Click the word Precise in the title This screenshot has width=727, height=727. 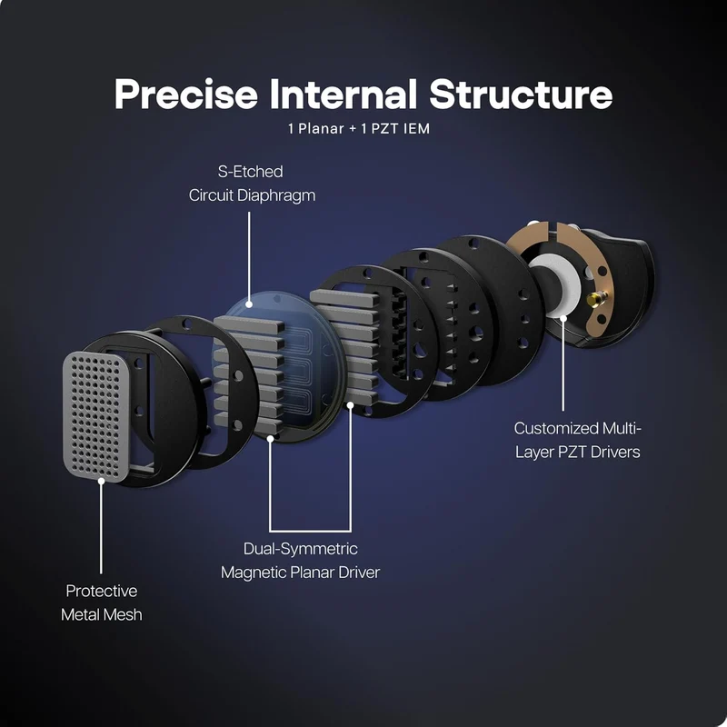[186, 95]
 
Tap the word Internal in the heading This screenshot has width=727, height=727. [343, 95]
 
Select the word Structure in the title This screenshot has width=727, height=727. [521, 95]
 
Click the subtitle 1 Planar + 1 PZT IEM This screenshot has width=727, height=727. [359, 128]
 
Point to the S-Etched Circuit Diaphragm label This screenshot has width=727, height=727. [252, 184]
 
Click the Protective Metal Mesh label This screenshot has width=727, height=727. [102, 603]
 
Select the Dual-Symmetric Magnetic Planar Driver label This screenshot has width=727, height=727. [300, 561]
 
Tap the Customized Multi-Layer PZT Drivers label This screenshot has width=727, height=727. [577, 440]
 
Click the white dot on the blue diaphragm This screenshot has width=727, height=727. [249, 304]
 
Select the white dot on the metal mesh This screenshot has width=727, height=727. [101, 482]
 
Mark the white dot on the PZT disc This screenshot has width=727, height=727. [563, 318]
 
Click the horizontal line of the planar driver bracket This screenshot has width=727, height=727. [310, 531]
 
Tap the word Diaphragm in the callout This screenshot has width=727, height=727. [276, 195]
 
